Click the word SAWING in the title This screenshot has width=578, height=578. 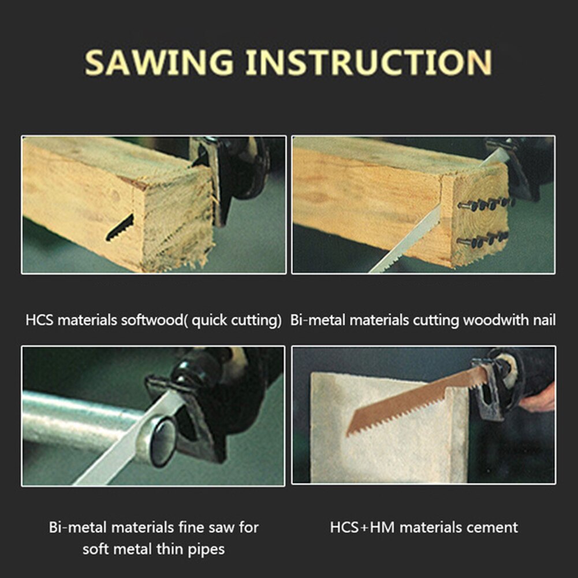tap(159, 62)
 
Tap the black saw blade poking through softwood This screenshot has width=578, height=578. tap(120, 228)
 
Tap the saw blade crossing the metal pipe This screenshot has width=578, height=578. tap(130, 439)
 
